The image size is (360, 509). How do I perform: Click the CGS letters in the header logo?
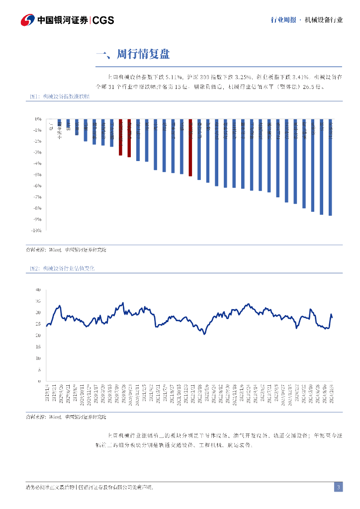pos(103,20)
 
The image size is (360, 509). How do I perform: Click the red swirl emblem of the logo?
pos(27,20)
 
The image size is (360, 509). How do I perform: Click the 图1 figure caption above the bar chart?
pos(60,97)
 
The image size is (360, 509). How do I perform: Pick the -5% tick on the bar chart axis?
pos(38,174)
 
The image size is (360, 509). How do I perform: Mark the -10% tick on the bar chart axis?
pos(36,231)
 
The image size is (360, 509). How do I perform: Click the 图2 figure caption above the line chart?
pos(60,268)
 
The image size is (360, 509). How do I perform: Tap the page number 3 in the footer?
pos(338,487)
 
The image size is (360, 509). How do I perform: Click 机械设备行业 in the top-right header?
pos(324,20)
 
